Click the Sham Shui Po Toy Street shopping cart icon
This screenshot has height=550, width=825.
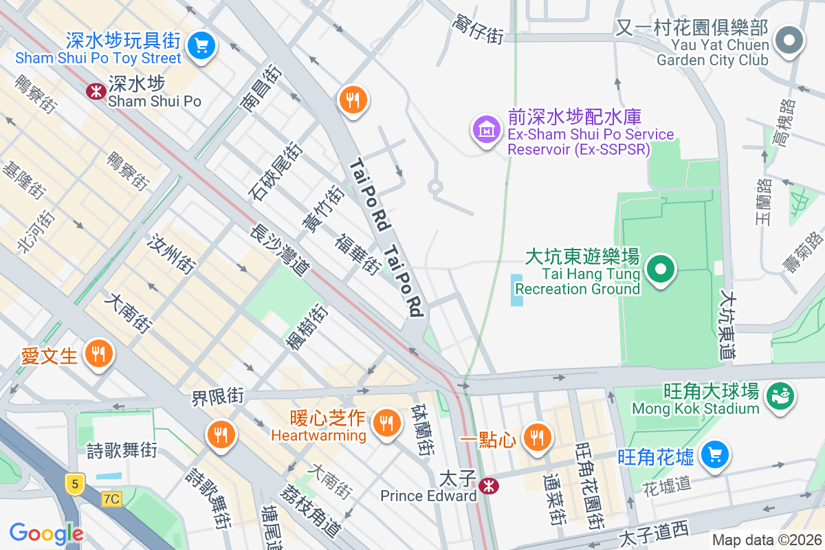pos(201,46)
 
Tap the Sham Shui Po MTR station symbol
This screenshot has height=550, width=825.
pos(95,91)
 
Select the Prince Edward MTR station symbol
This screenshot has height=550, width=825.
pos(489,486)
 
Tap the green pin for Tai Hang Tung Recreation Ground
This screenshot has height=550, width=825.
pos(661,269)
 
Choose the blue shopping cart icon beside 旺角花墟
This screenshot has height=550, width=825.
pos(715,454)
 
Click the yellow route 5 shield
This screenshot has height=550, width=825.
pos(74,483)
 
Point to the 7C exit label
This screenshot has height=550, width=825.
pos(111,498)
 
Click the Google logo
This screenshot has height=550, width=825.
pos(46,533)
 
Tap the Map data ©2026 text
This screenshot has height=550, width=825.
pos(766,540)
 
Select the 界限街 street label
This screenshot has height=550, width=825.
pos(218,397)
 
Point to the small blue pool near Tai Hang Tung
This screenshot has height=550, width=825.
pos(517,289)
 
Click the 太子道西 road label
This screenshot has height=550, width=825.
pos(653,532)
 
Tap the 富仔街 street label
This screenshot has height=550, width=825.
pos(478,30)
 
